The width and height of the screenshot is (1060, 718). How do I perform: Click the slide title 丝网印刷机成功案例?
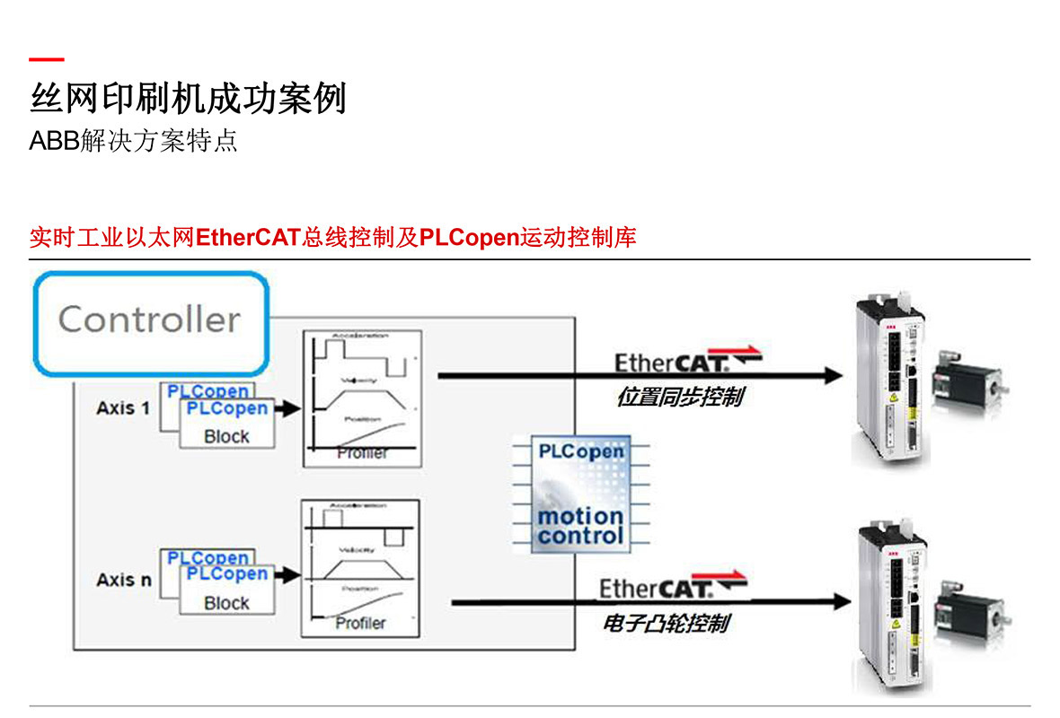pos(188,98)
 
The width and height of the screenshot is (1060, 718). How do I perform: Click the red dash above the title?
pos(46,60)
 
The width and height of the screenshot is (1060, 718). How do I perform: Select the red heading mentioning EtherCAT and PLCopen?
pos(332,238)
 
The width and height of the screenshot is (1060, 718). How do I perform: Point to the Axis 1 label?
pos(123,407)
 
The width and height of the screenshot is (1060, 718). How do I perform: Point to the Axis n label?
pos(124,580)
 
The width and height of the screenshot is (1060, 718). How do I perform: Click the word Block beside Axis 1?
pos(226,437)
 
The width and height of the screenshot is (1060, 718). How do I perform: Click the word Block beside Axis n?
pos(226,603)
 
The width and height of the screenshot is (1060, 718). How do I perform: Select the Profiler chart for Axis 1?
pos(361,398)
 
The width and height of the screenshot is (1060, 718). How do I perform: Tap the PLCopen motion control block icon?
pos(579,494)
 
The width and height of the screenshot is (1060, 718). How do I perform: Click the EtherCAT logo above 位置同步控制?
pos(687,360)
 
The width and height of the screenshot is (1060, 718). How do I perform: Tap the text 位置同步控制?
pos(680,397)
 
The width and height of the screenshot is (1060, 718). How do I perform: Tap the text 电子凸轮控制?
pos(666,623)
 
